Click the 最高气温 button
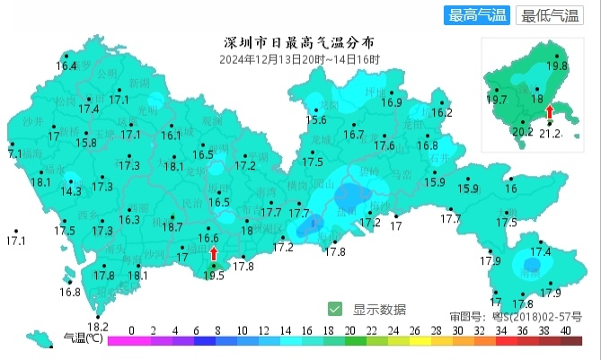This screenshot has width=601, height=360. [x=476, y=15]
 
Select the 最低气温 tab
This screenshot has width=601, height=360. [x=550, y=15]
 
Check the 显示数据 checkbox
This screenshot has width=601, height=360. [x=335, y=309]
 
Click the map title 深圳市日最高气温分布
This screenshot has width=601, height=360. [x=298, y=43]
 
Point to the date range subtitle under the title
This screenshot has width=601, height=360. [x=299, y=59]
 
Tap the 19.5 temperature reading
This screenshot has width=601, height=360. [x=214, y=277]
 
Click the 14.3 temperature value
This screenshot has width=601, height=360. [x=71, y=191]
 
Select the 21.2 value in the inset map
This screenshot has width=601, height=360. [x=550, y=134]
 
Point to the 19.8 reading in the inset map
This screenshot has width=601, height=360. [x=557, y=66]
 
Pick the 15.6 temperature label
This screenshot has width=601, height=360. [x=315, y=119]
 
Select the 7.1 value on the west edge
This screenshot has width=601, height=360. [x=13, y=154]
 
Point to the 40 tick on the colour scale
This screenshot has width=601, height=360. [x=565, y=330]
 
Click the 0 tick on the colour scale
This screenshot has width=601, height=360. [x=132, y=330]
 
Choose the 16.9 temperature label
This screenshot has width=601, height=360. [x=392, y=102]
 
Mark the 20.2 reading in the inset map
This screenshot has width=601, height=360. [x=522, y=131]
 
